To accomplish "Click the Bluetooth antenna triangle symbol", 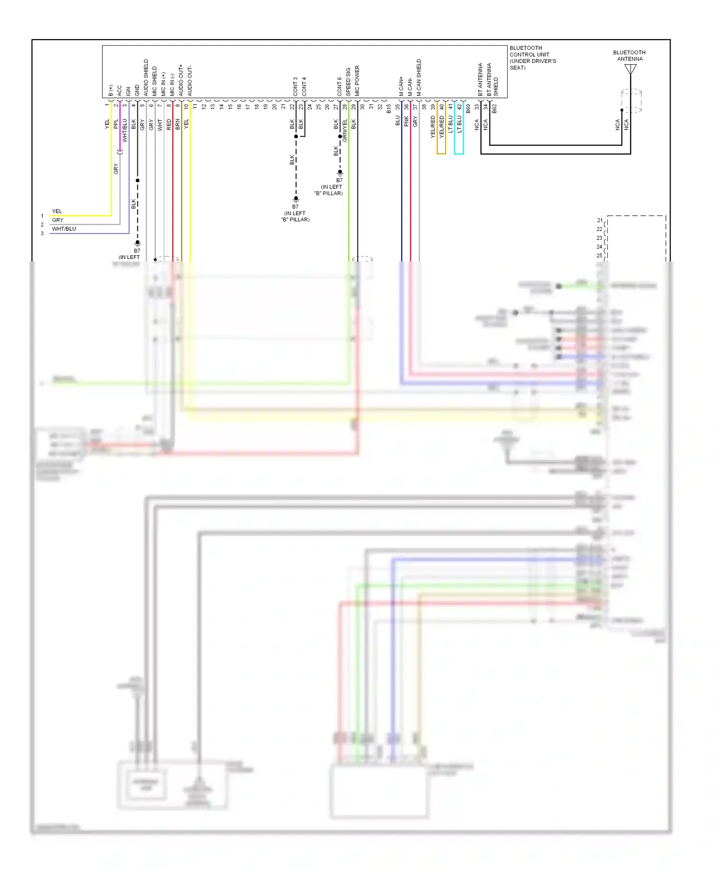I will tap(630, 70).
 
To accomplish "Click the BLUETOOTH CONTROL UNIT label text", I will tap(532, 58).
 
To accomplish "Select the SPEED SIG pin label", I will tap(348, 82).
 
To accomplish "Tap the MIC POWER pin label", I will tap(357, 81).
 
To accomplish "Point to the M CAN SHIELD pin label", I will tap(419, 77).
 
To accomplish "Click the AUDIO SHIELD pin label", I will tap(146, 77).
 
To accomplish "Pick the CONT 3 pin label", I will tap(296, 86).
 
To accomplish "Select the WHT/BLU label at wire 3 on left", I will tap(64, 229).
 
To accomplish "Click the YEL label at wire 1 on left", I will tap(57, 211).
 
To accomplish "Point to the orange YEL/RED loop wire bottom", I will tap(441, 154).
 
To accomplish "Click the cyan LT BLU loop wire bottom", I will tap(459, 154).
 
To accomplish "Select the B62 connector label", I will tap(495, 109).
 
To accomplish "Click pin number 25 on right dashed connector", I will tap(599, 256).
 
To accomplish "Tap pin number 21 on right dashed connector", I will tap(599, 220).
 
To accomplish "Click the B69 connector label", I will tap(468, 109).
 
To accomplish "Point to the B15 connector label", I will tap(389, 109).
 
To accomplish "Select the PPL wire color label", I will tap(116, 124).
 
